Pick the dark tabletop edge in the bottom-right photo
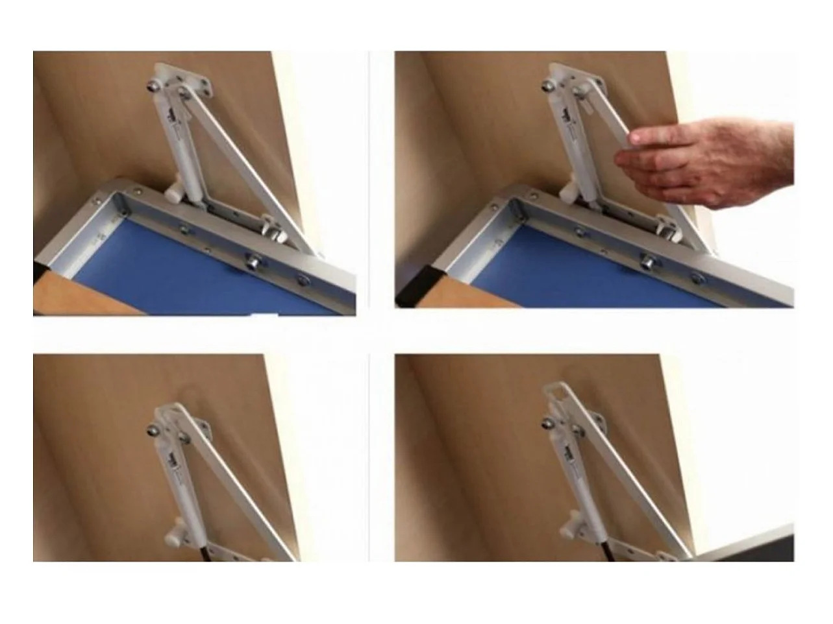pyautogui.click(x=747, y=542)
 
